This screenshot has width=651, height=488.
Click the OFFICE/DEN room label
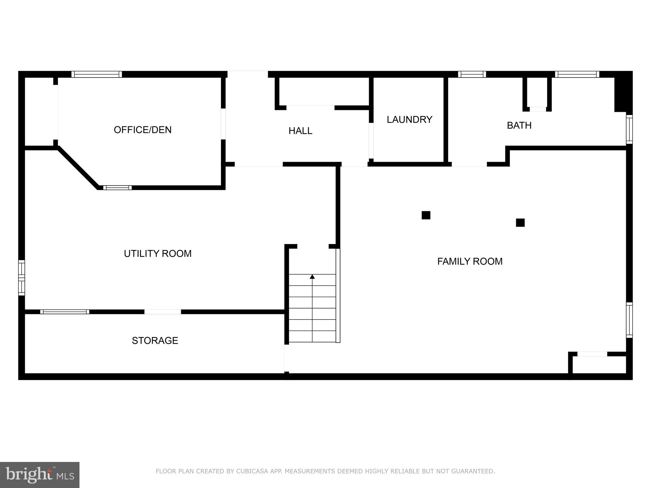click(142, 130)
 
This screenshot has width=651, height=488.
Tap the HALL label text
click(300, 131)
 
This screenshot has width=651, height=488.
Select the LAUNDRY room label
click(409, 119)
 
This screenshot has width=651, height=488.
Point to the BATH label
click(519, 125)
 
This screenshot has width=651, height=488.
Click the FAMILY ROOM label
click(470, 261)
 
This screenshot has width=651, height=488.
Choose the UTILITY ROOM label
click(158, 254)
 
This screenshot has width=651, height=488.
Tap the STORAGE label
click(155, 341)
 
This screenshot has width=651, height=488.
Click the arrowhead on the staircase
click(312, 277)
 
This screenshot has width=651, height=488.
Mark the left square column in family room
click(426, 215)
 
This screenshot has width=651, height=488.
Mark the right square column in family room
click(520, 222)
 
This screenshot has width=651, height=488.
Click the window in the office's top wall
click(97, 74)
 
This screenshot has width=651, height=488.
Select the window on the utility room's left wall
click(22, 278)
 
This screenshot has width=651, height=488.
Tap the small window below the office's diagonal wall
click(117, 188)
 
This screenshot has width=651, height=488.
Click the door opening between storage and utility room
click(163, 312)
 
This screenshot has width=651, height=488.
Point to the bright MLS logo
click(39, 475)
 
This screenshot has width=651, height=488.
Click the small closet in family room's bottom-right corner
click(599, 364)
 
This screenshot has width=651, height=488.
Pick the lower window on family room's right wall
click(629, 320)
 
